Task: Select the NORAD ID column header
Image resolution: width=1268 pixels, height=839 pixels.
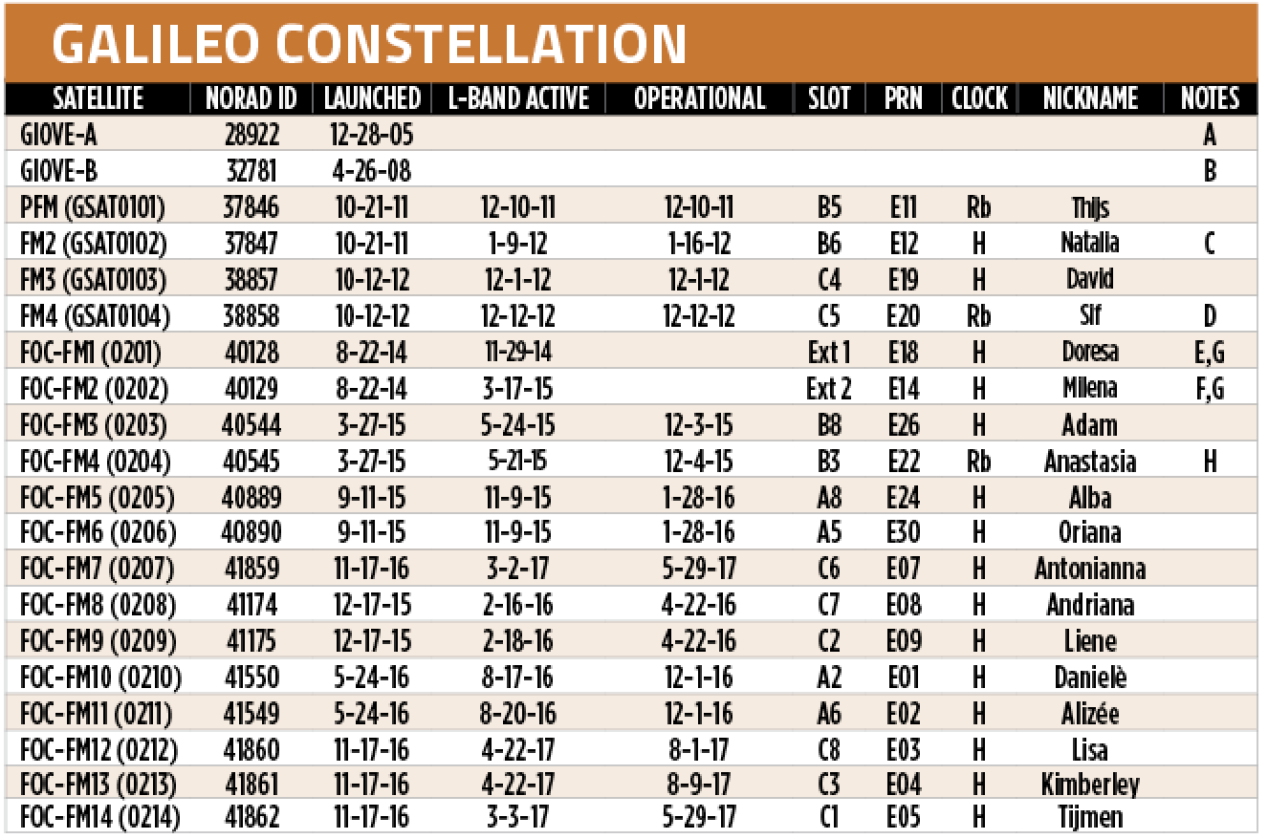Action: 251,98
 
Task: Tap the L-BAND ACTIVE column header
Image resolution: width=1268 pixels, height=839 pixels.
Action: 518,98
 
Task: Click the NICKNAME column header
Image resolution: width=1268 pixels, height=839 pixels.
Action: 1090,98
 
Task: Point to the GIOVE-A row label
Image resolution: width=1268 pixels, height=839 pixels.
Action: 58,135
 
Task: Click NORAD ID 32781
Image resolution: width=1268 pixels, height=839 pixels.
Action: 251,171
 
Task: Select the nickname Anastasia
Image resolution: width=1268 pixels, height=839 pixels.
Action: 1090,462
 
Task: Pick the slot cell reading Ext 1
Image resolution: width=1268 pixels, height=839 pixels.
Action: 829,353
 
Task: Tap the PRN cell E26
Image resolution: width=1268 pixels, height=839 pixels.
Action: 904,425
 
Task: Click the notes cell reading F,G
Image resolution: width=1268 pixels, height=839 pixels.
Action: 1210,389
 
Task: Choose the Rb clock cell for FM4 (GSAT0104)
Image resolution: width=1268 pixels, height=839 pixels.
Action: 979,315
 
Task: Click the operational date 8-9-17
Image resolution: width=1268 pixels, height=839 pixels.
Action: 698,785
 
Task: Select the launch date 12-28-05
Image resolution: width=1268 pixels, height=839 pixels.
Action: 372,135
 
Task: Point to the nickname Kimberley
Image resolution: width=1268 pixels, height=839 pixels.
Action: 1090,785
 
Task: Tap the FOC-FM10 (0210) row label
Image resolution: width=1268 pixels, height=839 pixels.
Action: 100,678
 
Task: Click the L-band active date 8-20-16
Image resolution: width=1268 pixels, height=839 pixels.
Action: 518,714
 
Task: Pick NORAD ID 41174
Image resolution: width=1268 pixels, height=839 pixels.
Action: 251,605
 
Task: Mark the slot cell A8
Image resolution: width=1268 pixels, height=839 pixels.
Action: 829,498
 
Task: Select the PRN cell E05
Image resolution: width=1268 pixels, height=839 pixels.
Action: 904,817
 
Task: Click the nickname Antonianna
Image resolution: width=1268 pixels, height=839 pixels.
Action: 1090,569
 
